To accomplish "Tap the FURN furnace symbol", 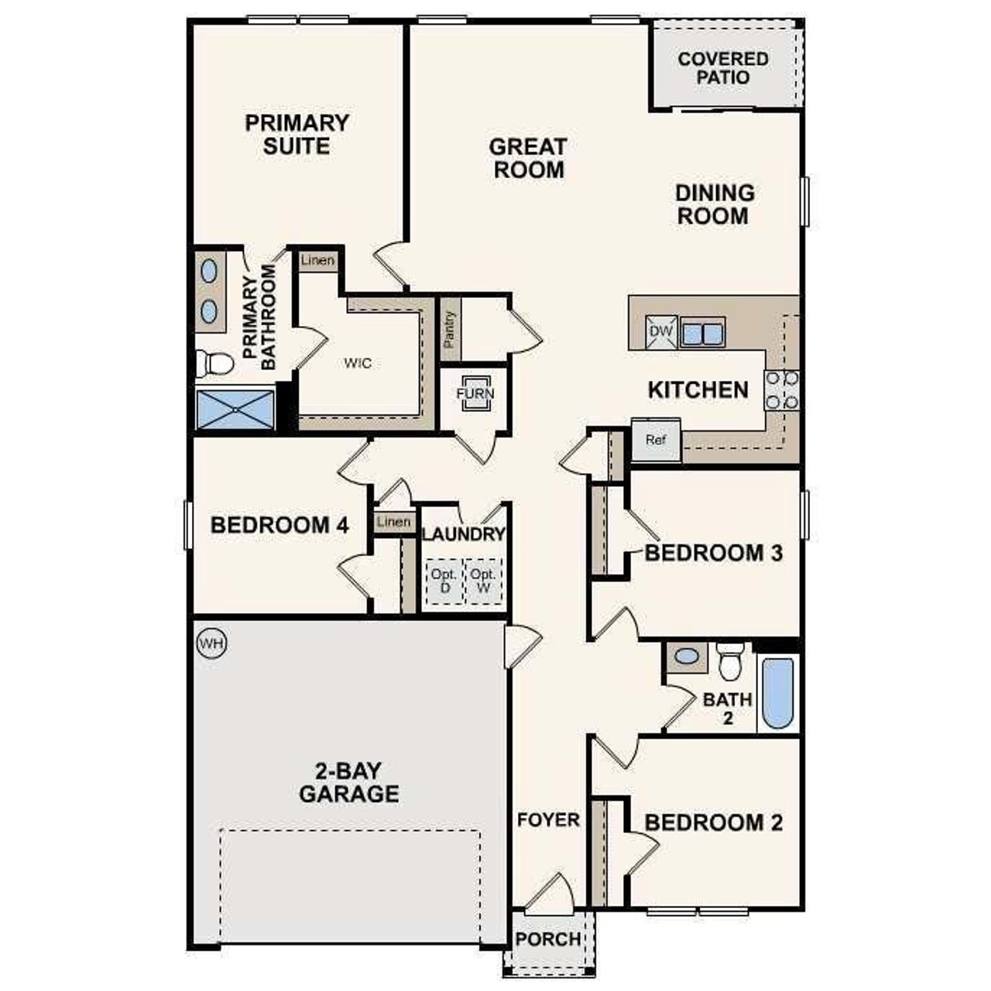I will coord(474,393).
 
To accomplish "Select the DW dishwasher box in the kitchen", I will coord(661,332).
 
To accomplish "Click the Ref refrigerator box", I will coord(656,440).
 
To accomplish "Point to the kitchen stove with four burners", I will coord(781,391).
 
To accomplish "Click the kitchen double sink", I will coord(701,333).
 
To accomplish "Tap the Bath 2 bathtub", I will coord(777,693).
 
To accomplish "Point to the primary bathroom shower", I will coord(235,410).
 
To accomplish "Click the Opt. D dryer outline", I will coord(444,581).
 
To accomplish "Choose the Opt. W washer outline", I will coord(483,581).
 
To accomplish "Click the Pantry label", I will coord(450,328).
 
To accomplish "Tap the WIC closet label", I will coord(358,362).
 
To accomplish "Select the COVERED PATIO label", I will coord(723,68).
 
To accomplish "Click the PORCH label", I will coord(548,939).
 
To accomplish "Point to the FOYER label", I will coord(548,819).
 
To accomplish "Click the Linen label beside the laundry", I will coord(393,522).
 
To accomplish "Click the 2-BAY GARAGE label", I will coord(349,782).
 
